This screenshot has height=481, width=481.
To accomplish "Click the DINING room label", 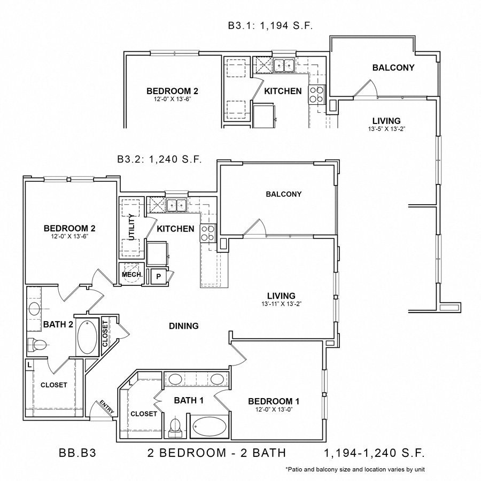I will pos(184,325).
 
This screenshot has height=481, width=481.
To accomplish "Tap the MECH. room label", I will pos(131,275).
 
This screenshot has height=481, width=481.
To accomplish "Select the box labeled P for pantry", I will pos(158,276).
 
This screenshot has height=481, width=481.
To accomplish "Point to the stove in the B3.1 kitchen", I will pos(316,94).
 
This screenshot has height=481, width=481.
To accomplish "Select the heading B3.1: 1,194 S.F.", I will pos(270,25).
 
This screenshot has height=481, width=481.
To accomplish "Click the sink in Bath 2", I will pos(35,309).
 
